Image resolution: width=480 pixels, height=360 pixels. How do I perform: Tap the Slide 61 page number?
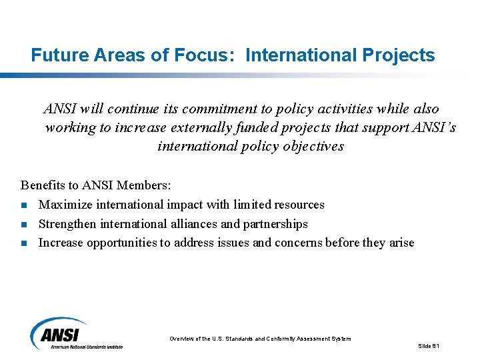click(x=429, y=345)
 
